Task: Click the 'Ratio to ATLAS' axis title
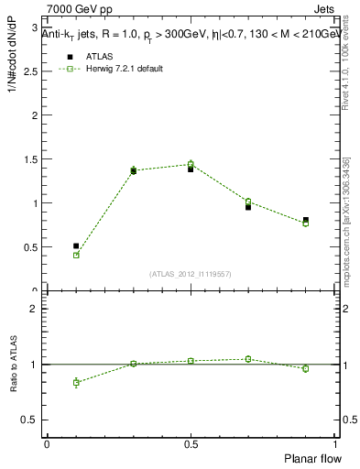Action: coord(14,365)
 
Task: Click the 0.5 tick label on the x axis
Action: coord(191,443)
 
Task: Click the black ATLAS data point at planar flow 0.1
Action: coord(76,245)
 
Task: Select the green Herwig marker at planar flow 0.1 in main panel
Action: coord(76,256)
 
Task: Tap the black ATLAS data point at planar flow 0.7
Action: coord(248,207)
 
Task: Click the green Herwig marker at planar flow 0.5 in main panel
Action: coord(191,164)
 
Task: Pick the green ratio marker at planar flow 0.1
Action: coord(76,382)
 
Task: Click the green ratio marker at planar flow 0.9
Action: coord(306,368)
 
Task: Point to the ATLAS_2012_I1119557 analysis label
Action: coord(190,274)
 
